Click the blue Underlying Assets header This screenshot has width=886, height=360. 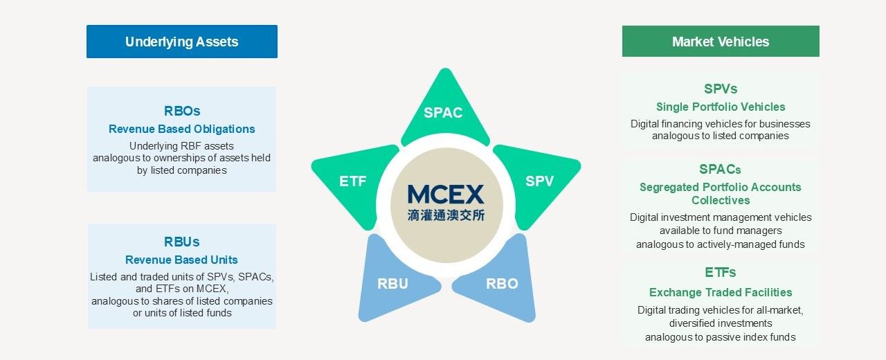(181, 42)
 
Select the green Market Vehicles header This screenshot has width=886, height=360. (720, 42)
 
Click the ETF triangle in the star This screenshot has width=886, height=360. (352, 181)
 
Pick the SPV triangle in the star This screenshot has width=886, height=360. (539, 181)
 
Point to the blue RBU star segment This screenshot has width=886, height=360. (392, 283)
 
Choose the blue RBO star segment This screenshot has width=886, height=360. (502, 283)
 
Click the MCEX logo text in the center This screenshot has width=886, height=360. (446, 194)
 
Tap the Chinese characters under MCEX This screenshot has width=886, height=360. (446, 215)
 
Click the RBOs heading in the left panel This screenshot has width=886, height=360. (181, 111)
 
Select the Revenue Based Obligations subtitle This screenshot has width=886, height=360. (181, 129)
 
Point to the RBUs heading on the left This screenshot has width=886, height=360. (181, 242)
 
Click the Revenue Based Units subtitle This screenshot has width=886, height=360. (181, 260)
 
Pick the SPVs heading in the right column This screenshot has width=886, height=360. (720, 89)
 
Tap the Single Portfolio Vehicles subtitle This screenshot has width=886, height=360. (720, 107)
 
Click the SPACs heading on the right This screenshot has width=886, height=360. (720, 169)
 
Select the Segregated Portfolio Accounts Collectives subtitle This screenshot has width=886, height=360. (720, 193)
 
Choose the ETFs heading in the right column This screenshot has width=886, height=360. (720, 272)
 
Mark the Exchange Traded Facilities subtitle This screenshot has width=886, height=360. (720, 292)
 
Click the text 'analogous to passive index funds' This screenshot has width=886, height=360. (720, 337)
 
